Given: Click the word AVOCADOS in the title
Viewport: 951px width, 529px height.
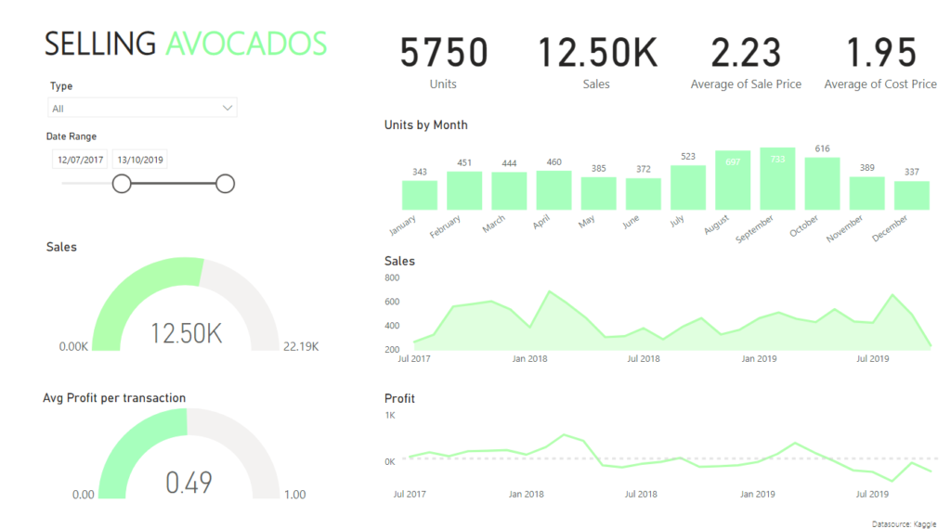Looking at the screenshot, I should (246, 44).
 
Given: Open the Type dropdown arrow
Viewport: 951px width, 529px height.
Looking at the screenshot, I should (228, 109).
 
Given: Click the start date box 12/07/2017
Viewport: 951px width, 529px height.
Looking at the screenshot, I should (80, 160).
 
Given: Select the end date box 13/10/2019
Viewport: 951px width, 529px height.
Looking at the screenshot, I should (139, 160).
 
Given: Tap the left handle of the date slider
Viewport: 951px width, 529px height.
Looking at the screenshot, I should (122, 184).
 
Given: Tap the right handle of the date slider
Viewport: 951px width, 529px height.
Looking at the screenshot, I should (225, 184).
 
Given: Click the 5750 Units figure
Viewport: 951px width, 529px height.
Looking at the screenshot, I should (443, 53).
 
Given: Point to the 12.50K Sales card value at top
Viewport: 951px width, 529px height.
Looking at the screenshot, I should (597, 53).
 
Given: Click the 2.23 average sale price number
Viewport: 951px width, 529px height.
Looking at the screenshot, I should (746, 53).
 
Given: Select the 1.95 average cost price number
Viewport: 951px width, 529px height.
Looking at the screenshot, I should (880, 53).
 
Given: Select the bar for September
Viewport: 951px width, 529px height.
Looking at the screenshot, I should (777, 179).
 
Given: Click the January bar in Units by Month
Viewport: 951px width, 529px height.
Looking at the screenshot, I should (420, 195).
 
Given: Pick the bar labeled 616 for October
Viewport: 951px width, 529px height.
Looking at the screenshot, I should (822, 184).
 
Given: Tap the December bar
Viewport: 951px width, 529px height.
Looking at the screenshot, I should (911, 195).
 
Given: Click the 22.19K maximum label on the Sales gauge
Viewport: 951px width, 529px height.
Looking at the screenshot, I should (300, 346).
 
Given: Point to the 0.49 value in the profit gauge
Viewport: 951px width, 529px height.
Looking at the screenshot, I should (189, 483).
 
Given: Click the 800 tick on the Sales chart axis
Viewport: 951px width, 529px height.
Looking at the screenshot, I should (392, 277).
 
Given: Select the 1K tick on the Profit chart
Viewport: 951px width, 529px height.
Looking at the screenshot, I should (390, 416).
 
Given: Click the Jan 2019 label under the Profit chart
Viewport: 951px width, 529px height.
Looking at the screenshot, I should (758, 494).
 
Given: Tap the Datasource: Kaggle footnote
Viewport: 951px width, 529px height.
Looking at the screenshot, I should (905, 524).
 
